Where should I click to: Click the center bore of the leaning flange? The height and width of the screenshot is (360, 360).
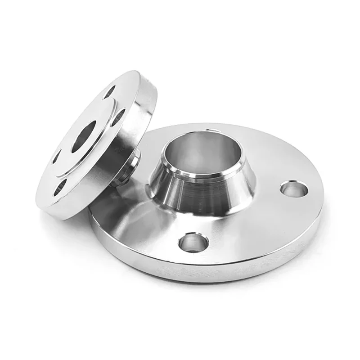point(84,135)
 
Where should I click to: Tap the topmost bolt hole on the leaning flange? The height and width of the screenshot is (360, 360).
point(109,92)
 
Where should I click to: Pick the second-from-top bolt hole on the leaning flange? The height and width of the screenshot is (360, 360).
point(118,117)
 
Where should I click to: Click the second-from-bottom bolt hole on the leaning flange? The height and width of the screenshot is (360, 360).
point(56,157)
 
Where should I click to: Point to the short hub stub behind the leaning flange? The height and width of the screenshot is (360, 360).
point(130,166)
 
